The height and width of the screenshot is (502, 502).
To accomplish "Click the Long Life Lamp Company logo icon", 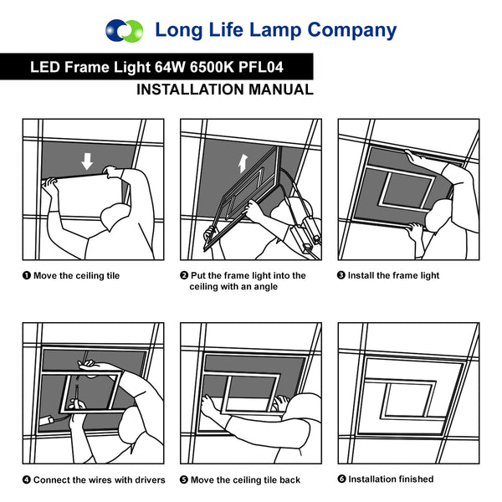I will tap(125, 31).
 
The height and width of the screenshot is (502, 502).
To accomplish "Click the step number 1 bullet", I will tap(26, 275).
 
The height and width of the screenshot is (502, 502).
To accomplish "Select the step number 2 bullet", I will tap(184, 275).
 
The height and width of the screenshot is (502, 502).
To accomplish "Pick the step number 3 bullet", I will tap(341, 275).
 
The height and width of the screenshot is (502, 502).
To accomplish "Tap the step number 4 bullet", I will tap(26, 480).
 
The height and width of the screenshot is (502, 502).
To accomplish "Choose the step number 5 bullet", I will tap(184, 480).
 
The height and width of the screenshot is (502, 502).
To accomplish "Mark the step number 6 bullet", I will tap(341, 479).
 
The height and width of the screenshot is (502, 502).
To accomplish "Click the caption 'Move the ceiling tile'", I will tap(76, 275).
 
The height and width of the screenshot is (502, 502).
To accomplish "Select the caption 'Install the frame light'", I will tap(393, 275).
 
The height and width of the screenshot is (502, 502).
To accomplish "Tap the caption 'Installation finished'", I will tap(391, 479).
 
